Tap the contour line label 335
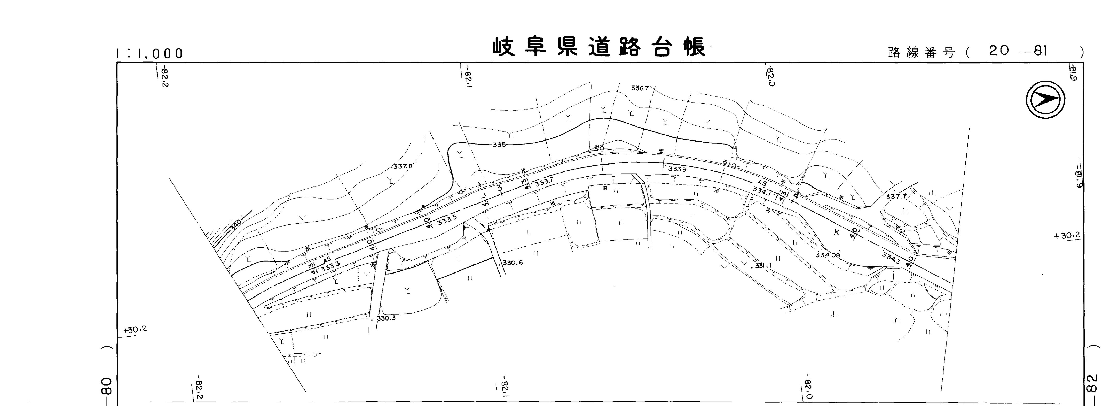499,145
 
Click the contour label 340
237,224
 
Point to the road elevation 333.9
677,169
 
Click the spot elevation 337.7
896,197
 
